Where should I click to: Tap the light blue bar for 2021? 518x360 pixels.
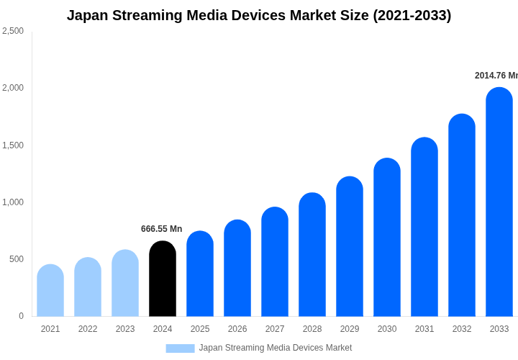(50, 291)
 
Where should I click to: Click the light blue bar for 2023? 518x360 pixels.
(125, 284)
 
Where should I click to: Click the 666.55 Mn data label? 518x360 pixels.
(161, 229)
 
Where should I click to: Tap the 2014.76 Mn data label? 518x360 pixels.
(496, 76)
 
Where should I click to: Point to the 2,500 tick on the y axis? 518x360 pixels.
(13, 31)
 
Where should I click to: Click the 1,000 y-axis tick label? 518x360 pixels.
(13, 202)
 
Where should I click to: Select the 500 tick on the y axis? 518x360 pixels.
(17, 259)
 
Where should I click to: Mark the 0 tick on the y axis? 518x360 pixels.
(21, 316)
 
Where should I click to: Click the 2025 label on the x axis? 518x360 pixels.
(200, 329)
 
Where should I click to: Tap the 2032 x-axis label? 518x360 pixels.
(462, 329)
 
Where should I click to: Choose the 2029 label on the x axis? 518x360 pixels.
(350, 329)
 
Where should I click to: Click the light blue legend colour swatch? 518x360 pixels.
(180, 348)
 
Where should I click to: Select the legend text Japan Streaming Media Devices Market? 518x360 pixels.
(276, 348)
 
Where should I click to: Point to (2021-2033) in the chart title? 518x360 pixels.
(412, 15)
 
